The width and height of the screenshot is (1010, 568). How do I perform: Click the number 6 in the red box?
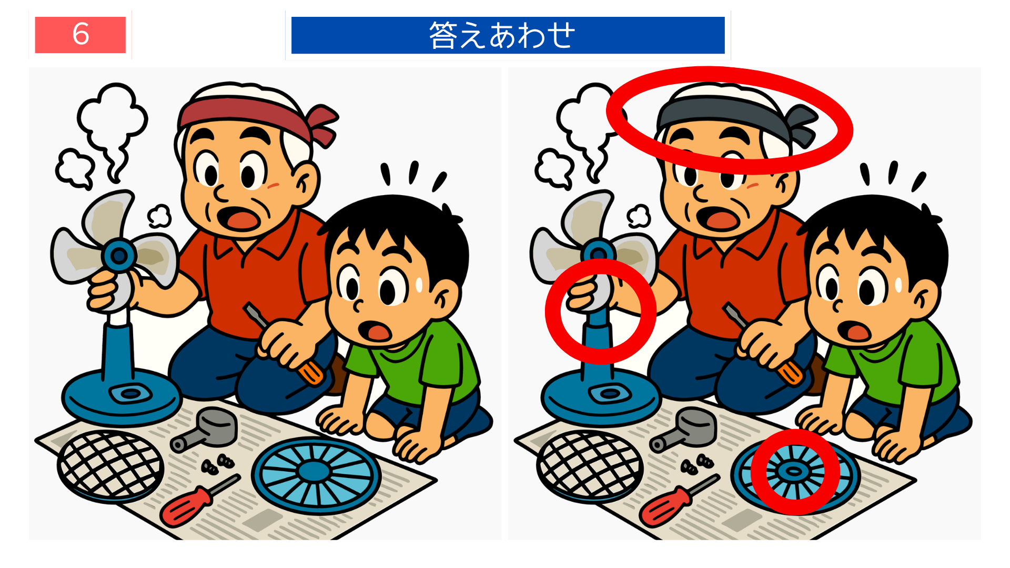point(80,35)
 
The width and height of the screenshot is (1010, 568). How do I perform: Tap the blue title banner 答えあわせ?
point(508,35)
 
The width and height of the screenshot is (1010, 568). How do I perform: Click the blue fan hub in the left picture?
point(119,256)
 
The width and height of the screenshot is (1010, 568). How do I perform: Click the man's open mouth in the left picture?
point(239,217)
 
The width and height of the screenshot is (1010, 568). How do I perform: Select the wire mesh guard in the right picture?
point(589,465)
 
